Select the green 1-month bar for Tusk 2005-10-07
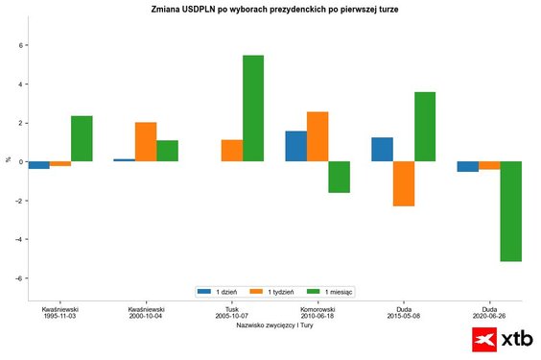point(253,108)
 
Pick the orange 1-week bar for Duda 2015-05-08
point(403,183)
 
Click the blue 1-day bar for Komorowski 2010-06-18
point(296,146)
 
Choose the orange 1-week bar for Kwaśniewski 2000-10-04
point(146,142)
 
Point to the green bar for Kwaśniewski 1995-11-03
point(82,138)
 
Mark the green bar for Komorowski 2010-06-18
point(339,177)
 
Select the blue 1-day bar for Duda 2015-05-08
point(382,149)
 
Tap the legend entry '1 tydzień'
point(273,291)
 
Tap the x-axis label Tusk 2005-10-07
point(231,314)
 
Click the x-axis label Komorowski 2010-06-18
point(317,314)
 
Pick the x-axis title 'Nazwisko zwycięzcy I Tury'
point(274,326)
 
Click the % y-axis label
point(8,159)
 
